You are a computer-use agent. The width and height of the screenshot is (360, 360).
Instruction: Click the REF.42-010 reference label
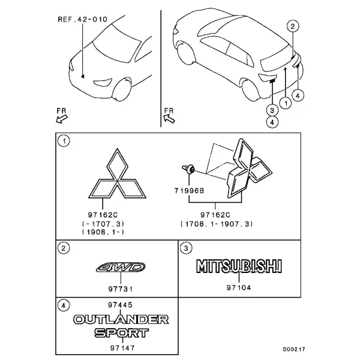coord(82,19)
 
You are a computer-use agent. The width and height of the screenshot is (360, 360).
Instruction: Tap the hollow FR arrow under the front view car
coord(62,119)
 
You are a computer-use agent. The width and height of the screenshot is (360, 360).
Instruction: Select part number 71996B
coord(189,191)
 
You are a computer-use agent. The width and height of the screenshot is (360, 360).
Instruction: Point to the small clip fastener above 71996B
coord(188,169)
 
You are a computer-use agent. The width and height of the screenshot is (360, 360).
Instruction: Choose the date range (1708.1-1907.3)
coord(217,224)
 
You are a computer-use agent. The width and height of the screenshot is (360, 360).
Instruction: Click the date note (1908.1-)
coord(103,232)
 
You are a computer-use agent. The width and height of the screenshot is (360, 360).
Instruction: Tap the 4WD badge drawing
coord(121,267)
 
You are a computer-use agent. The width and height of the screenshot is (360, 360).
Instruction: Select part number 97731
coord(121,289)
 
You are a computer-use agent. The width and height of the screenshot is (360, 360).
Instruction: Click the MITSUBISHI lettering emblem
coord(239,266)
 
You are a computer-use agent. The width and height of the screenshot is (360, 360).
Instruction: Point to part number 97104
coord(239,287)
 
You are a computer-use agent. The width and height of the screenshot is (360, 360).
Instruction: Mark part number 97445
coord(120,305)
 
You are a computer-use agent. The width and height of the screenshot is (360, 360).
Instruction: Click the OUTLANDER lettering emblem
coord(121,320)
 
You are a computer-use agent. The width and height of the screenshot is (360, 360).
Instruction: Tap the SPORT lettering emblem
coord(122,333)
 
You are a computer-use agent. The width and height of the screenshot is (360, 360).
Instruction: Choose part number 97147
coord(122,348)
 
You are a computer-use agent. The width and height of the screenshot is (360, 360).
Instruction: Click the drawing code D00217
coord(294,349)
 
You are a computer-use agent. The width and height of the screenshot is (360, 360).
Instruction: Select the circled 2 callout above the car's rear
coord(293,26)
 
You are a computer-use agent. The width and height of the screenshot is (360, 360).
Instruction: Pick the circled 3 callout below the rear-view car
coord(272,110)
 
